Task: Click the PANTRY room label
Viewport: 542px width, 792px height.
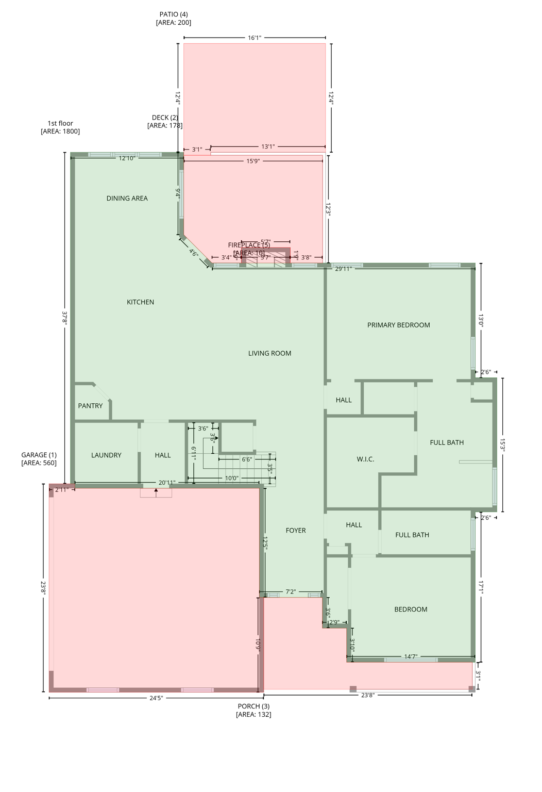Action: pos(90,406)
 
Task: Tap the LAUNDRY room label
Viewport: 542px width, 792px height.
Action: pos(106,455)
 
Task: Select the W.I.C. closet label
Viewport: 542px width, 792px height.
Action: pos(365,459)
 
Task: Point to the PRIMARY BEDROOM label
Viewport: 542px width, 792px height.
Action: pos(398,325)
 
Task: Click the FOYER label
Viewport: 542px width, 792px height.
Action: pos(296,530)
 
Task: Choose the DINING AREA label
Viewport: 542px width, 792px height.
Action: pos(127,198)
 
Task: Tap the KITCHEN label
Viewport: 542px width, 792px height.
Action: pos(140,302)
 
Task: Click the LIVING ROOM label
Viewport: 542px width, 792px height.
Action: pos(269,353)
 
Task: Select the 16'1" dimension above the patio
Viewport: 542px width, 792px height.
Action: pos(255,38)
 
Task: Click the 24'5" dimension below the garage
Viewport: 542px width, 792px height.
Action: pos(156,698)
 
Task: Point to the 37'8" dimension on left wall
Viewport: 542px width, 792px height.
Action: pos(64,317)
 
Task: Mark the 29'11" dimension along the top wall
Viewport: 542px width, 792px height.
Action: pos(343,269)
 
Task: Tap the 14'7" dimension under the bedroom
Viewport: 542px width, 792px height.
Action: pos(411,656)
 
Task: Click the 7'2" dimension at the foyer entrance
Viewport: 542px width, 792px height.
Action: pos(291,591)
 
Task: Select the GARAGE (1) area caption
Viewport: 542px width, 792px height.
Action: pos(39,459)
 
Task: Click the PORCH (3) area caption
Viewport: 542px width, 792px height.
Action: pos(253,710)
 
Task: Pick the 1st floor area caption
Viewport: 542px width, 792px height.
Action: pos(60,127)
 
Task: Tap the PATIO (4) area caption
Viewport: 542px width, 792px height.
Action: pos(174,18)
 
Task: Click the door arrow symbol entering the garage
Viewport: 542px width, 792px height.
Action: pos(156,492)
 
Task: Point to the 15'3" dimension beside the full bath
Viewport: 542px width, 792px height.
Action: pos(502,445)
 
